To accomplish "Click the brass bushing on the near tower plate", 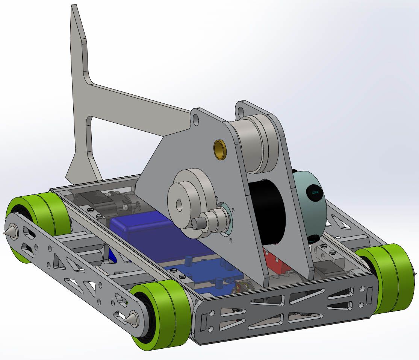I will pyautogui.click(x=221, y=149).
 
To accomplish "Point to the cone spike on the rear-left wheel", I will pyautogui.click(x=9, y=232).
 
